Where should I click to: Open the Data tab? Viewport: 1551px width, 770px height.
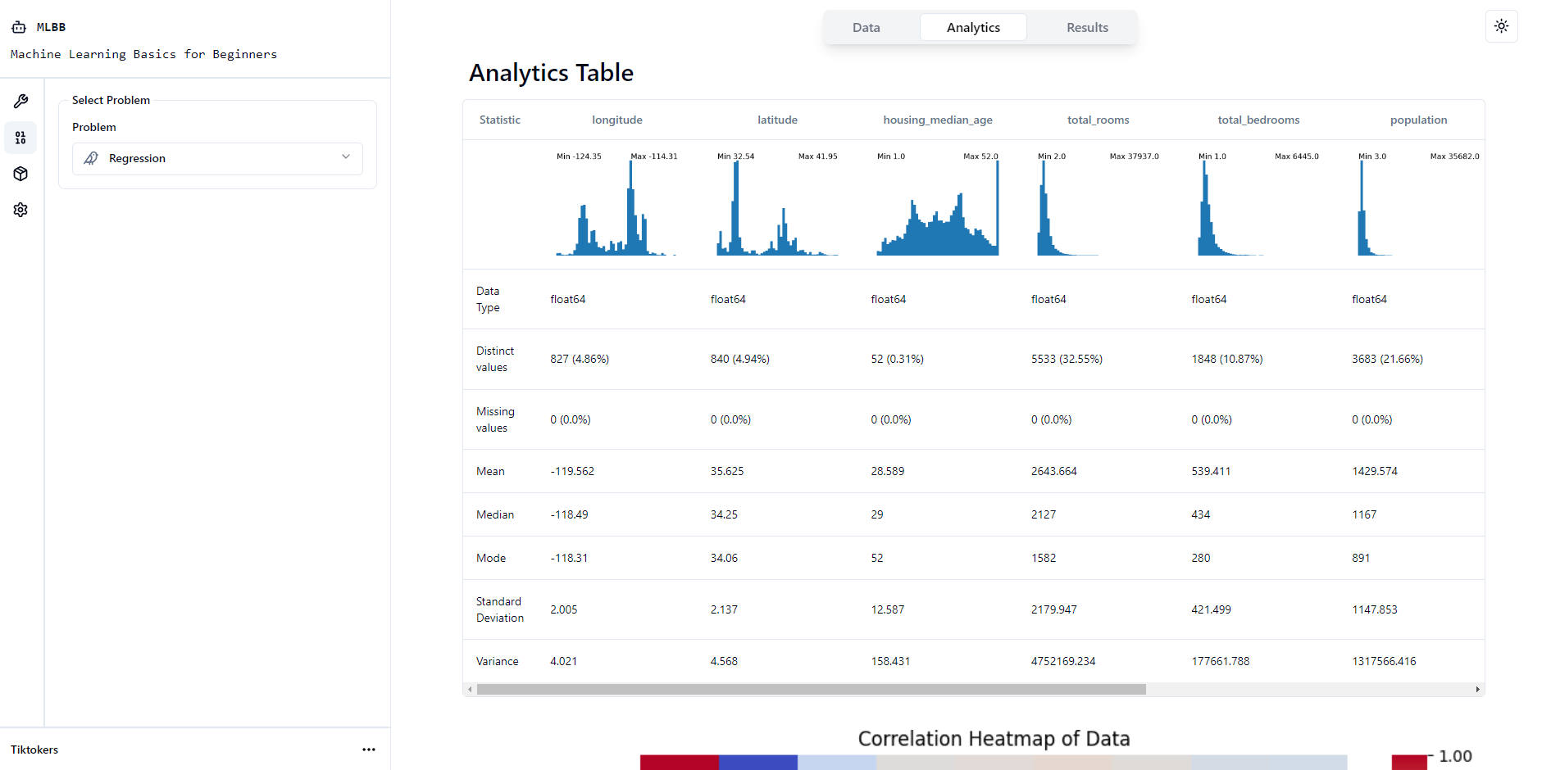coord(866,28)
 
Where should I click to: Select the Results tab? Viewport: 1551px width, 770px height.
coord(1086,28)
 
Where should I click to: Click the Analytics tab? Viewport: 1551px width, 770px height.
coord(973,28)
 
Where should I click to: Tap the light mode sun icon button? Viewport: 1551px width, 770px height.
coord(1501,26)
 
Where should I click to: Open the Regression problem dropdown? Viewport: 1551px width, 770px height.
coord(217,158)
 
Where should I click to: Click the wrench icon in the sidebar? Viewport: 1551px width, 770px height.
coord(20,102)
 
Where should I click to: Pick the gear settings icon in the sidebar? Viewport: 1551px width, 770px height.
coord(20,210)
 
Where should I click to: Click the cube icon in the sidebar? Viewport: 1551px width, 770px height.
coord(20,174)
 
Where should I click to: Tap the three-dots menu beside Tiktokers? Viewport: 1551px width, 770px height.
coord(369,750)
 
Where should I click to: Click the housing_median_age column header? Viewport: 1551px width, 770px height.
coord(937,120)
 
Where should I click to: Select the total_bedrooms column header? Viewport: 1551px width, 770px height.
coord(1258,120)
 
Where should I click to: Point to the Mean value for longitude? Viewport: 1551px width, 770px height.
coord(572,472)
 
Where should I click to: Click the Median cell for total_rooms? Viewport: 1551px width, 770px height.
coord(1044,515)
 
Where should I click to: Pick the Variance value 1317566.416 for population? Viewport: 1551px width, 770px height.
coord(1384,662)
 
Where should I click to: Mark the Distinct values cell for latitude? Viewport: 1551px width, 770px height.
coord(739,360)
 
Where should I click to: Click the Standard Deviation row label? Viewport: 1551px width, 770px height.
coord(499,610)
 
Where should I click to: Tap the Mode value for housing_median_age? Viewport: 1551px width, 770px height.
coord(877,559)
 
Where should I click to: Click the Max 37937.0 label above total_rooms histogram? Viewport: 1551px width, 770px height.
coord(1134,156)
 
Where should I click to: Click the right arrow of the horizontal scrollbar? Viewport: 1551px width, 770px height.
coord(1477,690)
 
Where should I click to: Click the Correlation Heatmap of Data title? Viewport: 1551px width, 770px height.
coord(994,739)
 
